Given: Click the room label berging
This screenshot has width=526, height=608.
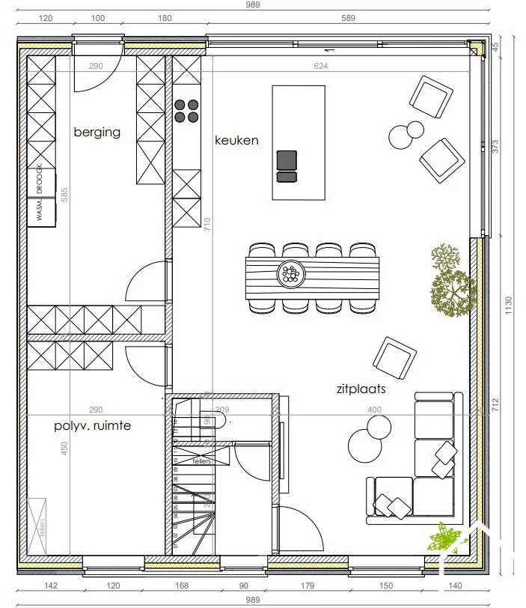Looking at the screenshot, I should [x=97, y=133].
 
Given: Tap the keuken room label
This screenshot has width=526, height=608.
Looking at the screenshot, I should [x=236, y=140].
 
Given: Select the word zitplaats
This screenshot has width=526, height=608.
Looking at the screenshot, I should [x=361, y=389].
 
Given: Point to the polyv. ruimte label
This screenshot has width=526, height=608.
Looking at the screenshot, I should [x=92, y=426].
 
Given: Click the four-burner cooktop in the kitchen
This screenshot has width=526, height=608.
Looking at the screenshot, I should [x=186, y=111].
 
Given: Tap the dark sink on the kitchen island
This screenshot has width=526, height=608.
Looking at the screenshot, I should [x=287, y=160].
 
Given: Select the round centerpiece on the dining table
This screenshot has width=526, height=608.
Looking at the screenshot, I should [x=290, y=274].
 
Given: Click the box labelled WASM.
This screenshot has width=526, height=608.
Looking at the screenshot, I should [x=42, y=211].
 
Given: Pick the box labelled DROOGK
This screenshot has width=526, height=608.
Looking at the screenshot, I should [x=42, y=183].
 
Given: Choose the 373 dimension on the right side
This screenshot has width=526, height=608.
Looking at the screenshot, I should [x=495, y=145].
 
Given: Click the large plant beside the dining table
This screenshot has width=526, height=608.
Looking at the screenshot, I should [x=453, y=288].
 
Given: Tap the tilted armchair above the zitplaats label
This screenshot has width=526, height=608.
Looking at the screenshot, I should [x=394, y=357].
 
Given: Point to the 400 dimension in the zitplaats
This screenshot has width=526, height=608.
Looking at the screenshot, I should [x=374, y=410].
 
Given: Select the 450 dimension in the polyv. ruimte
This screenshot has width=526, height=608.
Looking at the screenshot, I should [x=65, y=448].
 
